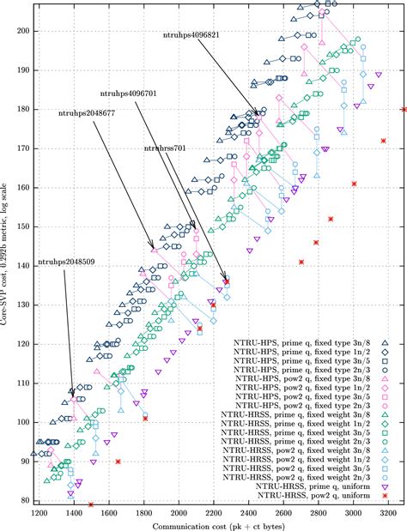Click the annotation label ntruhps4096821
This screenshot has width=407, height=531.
(x=197, y=35)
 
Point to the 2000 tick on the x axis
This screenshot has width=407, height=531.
(x=178, y=510)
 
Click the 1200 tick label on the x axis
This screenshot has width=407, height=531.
(x=38, y=510)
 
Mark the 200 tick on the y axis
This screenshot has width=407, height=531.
(x=23, y=31)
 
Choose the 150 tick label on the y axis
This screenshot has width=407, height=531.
(x=23, y=226)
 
